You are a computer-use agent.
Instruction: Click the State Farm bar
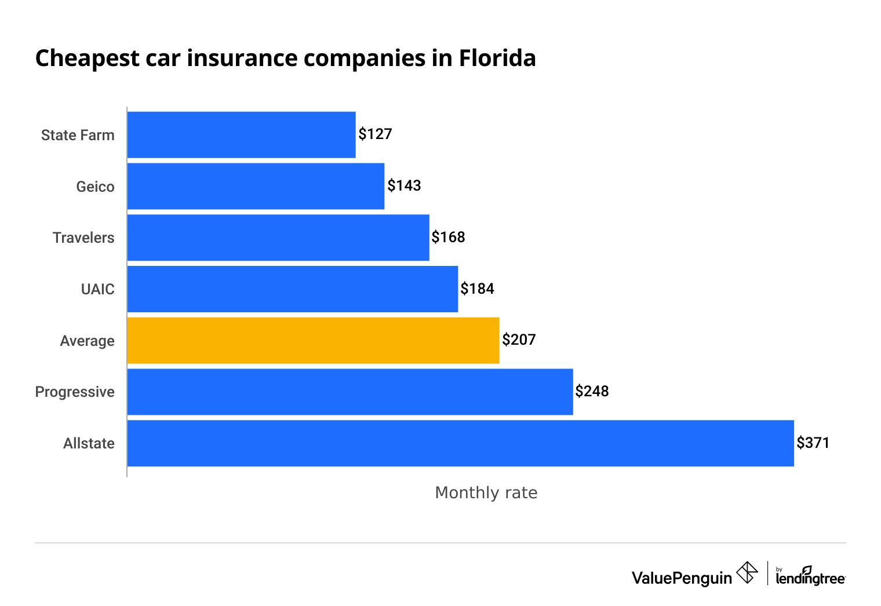(x=241, y=134)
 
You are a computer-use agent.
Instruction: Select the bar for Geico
(x=256, y=186)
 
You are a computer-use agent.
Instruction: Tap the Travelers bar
(x=278, y=238)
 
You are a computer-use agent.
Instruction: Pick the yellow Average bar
(x=313, y=341)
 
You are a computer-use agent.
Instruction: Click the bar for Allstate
(x=460, y=443)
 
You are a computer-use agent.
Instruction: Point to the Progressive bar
(x=350, y=392)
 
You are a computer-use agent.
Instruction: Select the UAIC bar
(x=293, y=289)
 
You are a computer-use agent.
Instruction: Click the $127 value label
(x=375, y=134)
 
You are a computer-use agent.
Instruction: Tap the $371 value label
(x=813, y=443)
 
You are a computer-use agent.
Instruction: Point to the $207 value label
(x=519, y=340)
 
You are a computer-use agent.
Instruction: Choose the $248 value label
(x=592, y=392)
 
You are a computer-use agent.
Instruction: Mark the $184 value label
(x=477, y=289)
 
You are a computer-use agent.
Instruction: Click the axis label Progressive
(x=75, y=392)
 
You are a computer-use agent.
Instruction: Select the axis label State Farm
(x=78, y=136)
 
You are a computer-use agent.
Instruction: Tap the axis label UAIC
(x=97, y=289)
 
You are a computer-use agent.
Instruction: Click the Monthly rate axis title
(x=486, y=492)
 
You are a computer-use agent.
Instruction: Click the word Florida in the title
(x=497, y=59)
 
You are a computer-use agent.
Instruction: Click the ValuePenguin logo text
(x=682, y=578)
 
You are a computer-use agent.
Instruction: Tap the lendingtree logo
(x=810, y=576)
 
